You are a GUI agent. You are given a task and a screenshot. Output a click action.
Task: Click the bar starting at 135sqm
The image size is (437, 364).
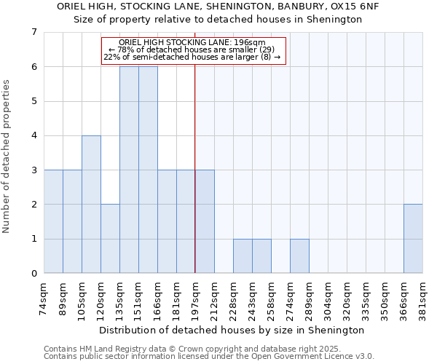pos(129,170)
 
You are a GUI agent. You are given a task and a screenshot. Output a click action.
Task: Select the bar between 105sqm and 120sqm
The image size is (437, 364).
pos(91,204)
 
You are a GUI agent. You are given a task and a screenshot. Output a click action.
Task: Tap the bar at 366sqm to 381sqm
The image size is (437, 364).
pos(413,239)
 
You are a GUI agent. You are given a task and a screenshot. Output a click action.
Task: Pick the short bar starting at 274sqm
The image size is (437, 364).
pos(299,256)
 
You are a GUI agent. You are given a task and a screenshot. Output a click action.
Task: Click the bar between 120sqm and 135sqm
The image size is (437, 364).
pos(110,239)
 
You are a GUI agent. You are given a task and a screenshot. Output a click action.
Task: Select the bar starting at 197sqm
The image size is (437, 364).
pos(205,221)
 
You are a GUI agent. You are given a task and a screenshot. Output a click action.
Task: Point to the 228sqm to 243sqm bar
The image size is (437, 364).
pos(243,256)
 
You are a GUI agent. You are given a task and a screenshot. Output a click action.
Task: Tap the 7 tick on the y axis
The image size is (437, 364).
pos(34,32)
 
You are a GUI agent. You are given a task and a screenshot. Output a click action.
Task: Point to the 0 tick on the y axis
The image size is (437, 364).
pos(34,274)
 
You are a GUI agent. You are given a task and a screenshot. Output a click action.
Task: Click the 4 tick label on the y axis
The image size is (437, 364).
pos(34,135)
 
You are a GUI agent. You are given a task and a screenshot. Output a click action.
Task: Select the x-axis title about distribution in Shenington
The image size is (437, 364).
pos(233,330)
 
